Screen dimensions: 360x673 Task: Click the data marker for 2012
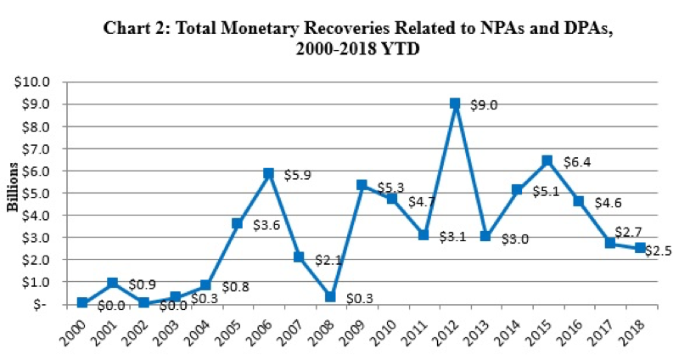point(455,104)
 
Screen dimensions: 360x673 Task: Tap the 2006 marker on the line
point(269,173)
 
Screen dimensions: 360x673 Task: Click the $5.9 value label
point(298,175)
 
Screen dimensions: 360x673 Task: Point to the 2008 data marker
point(306,296)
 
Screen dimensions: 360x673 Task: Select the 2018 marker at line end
point(641,247)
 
